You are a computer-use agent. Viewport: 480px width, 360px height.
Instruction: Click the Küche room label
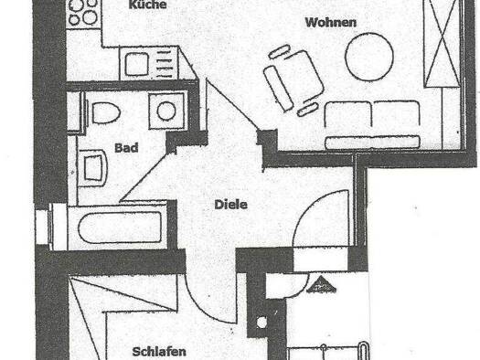pos(147,5)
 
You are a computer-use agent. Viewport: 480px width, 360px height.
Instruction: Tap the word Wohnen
pos(331,23)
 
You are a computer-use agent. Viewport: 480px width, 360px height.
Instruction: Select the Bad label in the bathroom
pos(126,148)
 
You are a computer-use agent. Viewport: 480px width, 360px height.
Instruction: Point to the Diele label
pos(230,205)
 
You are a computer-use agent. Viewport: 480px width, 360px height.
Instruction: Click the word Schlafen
pos(159,352)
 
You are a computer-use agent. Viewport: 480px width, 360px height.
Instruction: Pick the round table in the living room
pos(369,57)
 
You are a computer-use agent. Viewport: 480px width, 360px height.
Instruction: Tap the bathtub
pos(120,227)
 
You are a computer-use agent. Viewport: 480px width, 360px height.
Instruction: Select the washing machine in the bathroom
pos(166,111)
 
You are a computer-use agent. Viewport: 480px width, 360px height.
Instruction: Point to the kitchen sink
pos(136,64)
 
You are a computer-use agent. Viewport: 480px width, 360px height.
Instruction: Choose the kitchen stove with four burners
pos(83,14)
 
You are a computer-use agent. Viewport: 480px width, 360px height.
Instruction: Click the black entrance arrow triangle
pos(321,284)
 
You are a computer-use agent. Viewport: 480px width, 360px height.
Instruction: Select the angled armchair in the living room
pos(293,79)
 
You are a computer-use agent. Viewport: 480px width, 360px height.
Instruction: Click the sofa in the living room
pos(372,125)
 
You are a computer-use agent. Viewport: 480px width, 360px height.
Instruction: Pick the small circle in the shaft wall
pos(261,322)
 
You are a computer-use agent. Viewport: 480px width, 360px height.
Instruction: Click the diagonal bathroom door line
pos(144,175)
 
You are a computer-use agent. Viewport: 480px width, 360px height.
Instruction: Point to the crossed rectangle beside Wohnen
pos(442,43)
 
